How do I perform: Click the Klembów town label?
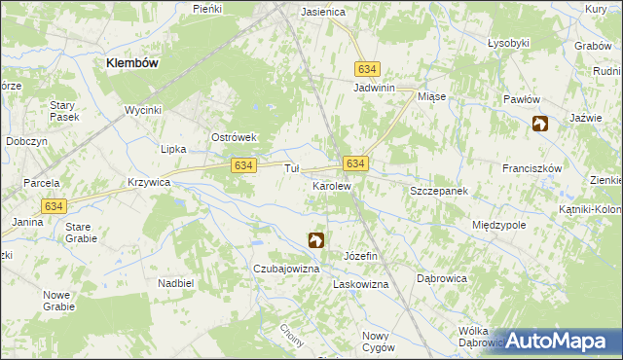coord(132,62)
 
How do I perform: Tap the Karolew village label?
coord(331,185)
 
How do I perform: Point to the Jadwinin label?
coord(374,88)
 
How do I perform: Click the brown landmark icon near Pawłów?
coord(540,124)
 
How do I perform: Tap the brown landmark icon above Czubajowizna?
coord(316,239)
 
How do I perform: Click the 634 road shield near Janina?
coord(55,205)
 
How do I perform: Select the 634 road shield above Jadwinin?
coord(367,70)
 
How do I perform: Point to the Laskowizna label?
coord(360,285)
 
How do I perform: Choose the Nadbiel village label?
coord(176,283)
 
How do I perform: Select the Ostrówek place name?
coord(234,137)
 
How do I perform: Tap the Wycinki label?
coord(142,110)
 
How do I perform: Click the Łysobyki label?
coord(508,43)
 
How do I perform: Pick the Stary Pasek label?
coord(63,110)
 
